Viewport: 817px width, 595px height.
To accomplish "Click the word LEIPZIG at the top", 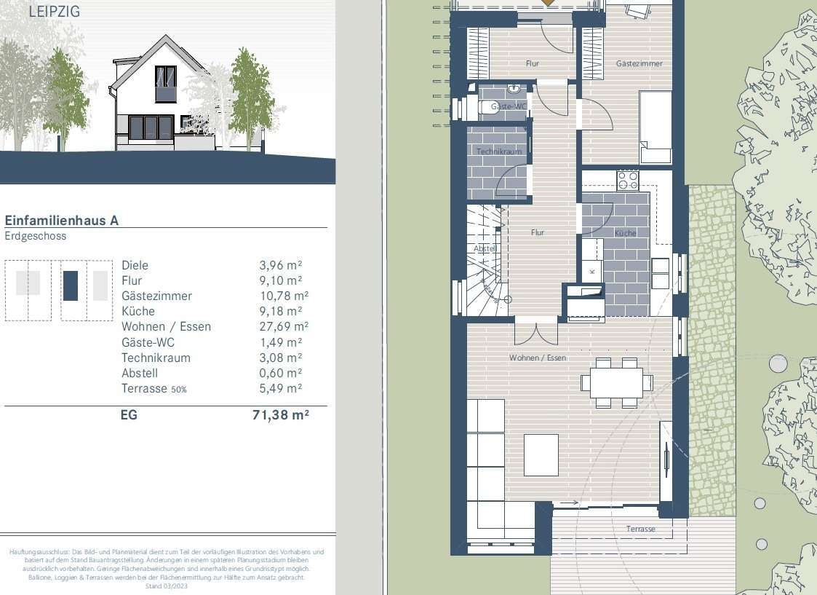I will (55, 12).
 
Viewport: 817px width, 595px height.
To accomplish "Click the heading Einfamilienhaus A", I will (61, 221).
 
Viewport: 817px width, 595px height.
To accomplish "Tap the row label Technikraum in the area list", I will (156, 358).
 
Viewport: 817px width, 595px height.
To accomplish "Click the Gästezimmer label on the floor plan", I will (639, 64).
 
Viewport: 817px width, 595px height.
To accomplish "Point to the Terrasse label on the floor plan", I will (640, 529).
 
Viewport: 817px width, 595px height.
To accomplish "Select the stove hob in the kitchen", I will (627, 180).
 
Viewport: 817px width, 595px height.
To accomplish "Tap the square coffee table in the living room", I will (541, 454).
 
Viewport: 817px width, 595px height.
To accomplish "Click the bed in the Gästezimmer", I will (655, 127).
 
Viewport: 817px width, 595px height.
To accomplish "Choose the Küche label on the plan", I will (625, 233).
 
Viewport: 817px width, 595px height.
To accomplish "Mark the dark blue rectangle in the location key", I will (70, 285).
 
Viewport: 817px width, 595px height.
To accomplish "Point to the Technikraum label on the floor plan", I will (495, 151).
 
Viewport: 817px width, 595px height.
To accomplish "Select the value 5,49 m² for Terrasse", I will (281, 388).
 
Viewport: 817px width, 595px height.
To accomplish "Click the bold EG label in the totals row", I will (128, 416).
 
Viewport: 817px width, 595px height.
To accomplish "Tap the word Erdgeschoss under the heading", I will (35, 236).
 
